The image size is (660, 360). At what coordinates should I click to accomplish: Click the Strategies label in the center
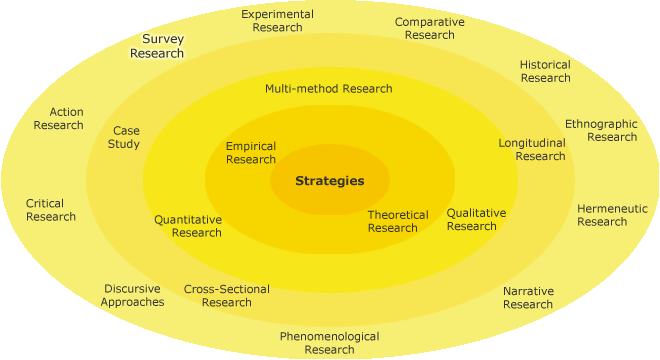(329, 181)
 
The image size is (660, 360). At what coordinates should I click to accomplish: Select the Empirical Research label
(251, 153)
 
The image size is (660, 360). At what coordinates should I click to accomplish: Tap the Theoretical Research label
(398, 221)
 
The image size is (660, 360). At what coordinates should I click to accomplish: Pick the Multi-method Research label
(329, 88)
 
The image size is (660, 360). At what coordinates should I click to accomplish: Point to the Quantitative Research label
(188, 226)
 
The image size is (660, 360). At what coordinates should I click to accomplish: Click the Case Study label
(126, 137)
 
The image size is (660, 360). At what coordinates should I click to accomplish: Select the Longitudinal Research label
(532, 149)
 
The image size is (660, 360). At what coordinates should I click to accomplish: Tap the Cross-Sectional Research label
(227, 296)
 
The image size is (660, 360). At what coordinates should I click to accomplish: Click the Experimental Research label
(277, 21)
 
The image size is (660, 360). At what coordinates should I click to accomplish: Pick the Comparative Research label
(429, 28)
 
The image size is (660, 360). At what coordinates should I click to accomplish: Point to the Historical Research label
(545, 71)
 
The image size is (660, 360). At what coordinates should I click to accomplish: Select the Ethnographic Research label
(601, 130)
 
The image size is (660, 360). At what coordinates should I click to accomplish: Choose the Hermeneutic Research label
(612, 215)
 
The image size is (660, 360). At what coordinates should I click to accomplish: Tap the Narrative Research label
(528, 298)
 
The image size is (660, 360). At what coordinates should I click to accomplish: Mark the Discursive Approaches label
(132, 295)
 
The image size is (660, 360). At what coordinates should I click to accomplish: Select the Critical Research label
(51, 210)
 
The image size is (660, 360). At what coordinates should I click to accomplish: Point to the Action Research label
(59, 118)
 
